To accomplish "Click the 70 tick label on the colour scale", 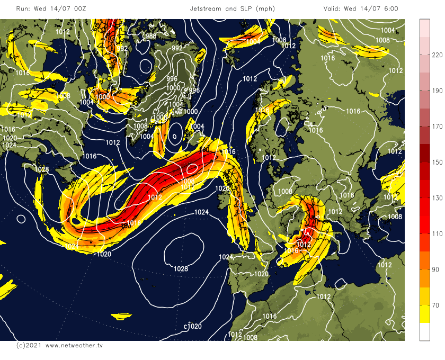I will pyautogui.click(x=437, y=305).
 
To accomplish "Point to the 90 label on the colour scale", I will pyautogui.click(x=437, y=269).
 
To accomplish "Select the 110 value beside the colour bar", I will pyautogui.click(x=437, y=233).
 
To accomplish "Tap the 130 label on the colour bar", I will pyautogui.click(x=437, y=197).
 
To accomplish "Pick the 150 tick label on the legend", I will pyautogui.click(x=437, y=162).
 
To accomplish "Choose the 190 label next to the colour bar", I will pyautogui.click(x=437, y=91).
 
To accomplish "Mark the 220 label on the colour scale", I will pyautogui.click(x=437, y=55).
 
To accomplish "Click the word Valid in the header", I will pyautogui.click(x=333, y=9).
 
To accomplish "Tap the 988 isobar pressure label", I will pyautogui.click(x=151, y=36).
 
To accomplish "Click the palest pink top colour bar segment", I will pyautogui.click(x=425, y=28).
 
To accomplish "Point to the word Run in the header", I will pyautogui.click(x=22, y=9).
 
